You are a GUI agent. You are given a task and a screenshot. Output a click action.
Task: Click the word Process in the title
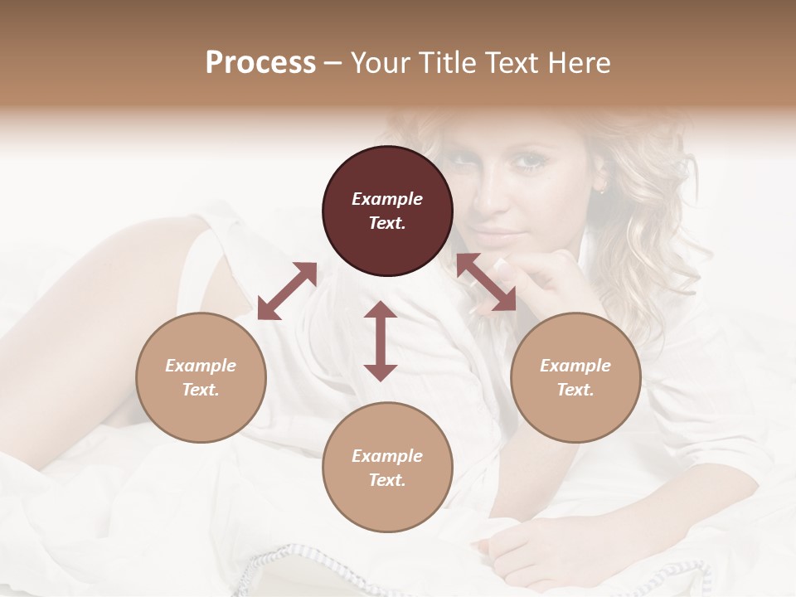[x=260, y=63]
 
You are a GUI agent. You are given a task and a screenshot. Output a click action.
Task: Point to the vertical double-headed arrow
[x=381, y=341]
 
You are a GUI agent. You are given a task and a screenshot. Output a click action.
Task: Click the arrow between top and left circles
[x=287, y=291]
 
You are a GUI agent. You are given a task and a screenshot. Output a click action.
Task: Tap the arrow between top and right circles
[x=486, y=282]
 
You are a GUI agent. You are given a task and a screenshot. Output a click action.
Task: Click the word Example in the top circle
[x=387, y=199]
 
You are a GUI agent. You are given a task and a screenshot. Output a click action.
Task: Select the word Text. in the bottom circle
[x=387, y=480]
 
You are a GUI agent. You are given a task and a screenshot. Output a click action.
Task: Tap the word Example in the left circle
[x=201, y=366]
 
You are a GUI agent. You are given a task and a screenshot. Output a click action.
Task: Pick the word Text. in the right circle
[x=575, y=390]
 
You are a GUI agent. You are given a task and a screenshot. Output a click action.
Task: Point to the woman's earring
[x=603, y=189]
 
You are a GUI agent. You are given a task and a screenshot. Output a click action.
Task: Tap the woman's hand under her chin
[x=547, y=278]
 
